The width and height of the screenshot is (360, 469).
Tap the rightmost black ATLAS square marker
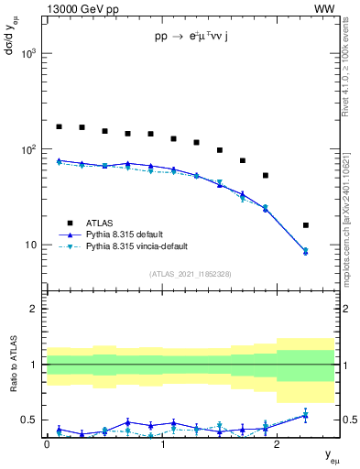[305, 225]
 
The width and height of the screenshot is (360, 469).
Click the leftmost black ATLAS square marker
[59, 126]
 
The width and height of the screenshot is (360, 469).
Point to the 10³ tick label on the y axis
[28, 54]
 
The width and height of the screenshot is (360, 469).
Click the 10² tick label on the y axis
[28, 149]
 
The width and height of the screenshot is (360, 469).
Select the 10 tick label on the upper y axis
[31, 245]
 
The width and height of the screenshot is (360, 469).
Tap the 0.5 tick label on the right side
[349, 420]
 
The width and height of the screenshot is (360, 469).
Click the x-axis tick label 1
[162, 443]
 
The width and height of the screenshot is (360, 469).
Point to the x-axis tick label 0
[47, 443]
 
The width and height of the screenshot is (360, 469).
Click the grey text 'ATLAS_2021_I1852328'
[190, 274]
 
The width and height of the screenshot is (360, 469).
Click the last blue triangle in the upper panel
[305, 251]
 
